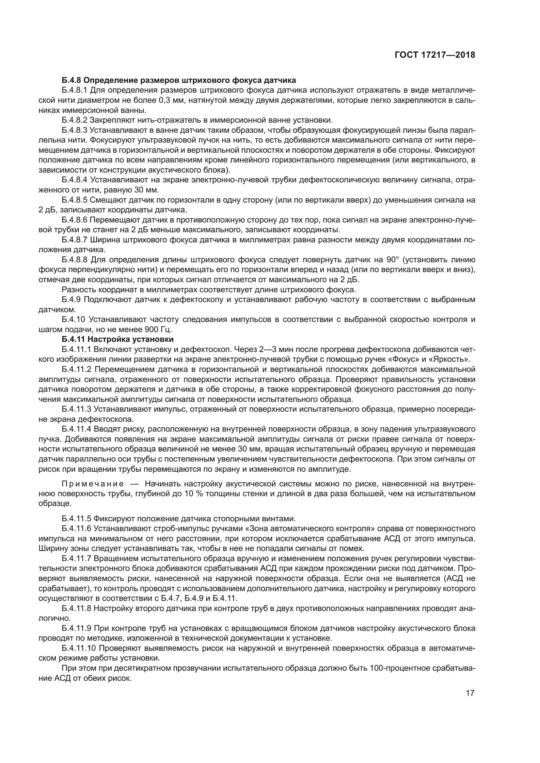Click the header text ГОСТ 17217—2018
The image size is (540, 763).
pyautogui.click(x=435, y=55)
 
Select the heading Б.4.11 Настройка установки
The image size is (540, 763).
pyautogui.click(x=118, y=339)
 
